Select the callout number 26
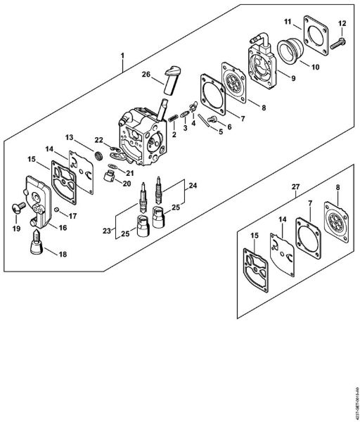pyautogui.click(x=146, y=75)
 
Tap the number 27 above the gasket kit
pyautogui.click(x=295, y=188)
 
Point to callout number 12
pyautogui.click(x=342, y=24)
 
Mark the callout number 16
pyautogui.click(x=63, y=227)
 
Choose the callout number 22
pyautogui.click(x=99, y=141)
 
